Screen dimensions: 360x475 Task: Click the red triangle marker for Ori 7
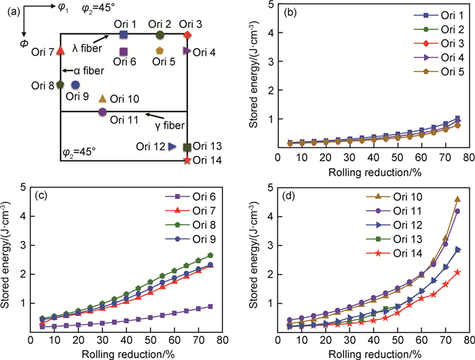pos(60,50)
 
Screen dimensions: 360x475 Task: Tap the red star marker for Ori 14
pos(187,160)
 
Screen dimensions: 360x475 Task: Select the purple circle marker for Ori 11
pos(102,111)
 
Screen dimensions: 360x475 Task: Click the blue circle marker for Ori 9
pos(75,84)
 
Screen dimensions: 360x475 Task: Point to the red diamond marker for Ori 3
pos(188,35)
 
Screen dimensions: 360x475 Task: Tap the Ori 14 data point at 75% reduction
pos(457,272)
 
